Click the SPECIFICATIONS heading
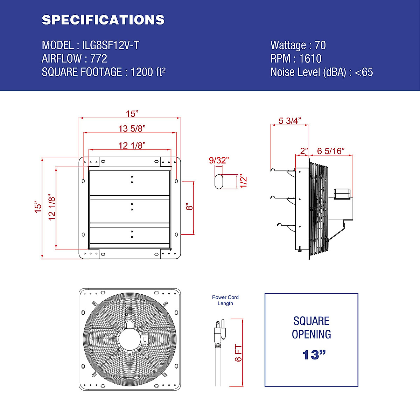[x=103, y=20]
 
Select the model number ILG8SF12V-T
[x=111, y=45]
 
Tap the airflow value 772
[x=99, y=58]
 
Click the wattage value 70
[x=320, y=45]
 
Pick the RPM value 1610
[x=310, y=58]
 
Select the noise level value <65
[x=364, y=72]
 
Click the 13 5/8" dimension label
[x=132, y=128]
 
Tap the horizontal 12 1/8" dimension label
[x=132, y=145]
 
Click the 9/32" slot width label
[x=219, y=160]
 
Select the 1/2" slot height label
[x=244, y=181]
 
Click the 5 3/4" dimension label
[x=289, y=121]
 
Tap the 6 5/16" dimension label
[x=331, y=151]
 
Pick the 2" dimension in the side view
[x=303, y=151]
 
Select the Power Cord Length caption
[x=225, y=300]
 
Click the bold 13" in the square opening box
[x=314, y=355]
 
